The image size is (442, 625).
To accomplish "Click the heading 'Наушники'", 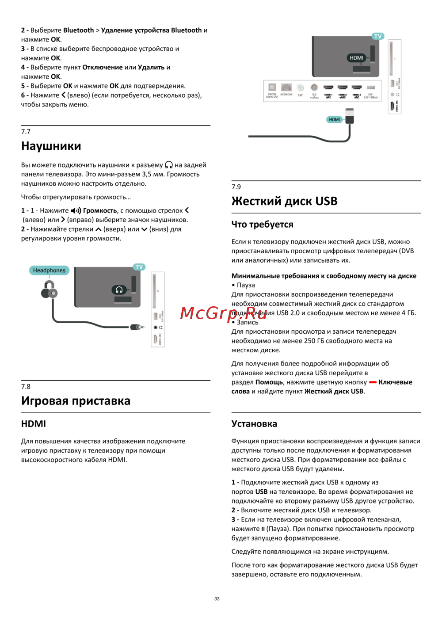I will coord(51,146).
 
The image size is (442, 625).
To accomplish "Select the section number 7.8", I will coord(26,386).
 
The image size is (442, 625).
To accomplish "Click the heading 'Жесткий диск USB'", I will coord(284,202).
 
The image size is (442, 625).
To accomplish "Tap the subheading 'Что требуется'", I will coord(262,225).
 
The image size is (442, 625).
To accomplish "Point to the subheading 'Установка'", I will coord(254,424).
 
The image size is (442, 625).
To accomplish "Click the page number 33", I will coord(217,599).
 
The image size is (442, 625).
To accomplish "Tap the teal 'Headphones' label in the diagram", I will coord(49,271).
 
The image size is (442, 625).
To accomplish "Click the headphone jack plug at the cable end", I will coord(137,327).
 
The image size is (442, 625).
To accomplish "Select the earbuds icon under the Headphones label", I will coord(49,290).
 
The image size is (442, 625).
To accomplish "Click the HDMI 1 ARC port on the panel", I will coord(328,88).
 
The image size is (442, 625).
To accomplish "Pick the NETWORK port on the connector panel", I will coord(286,88).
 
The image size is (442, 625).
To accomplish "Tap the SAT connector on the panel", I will coord(300,88).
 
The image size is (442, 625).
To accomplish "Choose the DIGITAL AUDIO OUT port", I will coord(272,88).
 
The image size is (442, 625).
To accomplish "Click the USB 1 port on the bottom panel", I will coord(370,88).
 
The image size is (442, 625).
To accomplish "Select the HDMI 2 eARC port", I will coord(343,88).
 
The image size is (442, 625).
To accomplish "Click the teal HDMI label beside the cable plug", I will coord(335,119).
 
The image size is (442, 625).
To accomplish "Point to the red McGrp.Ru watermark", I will coord(224,313).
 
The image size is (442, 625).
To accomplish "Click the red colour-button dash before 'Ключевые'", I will coord(373,382).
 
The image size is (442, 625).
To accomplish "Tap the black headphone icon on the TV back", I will coord(119,290).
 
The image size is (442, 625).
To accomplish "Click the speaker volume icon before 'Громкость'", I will coord(76,211).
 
